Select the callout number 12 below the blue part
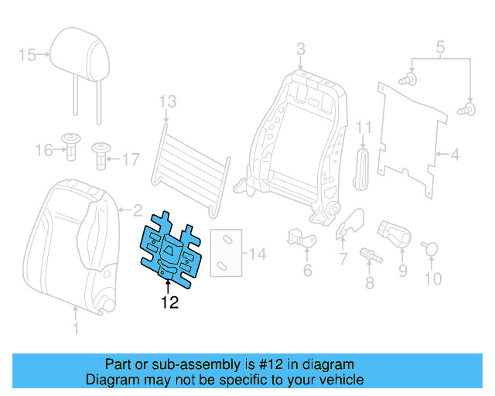coord(169,302)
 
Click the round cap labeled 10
coord(431,249)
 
